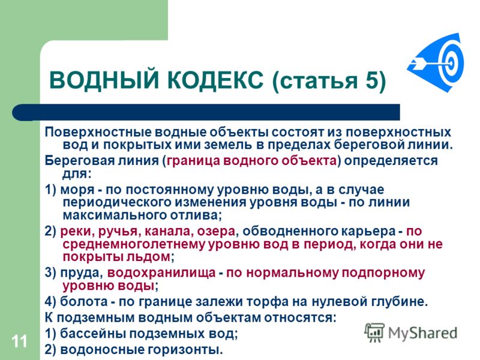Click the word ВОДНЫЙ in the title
coord(104,80)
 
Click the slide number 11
coord(20,341)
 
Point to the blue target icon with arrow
coord(436,62)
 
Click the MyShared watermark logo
coord(411,333)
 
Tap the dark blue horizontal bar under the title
coord(206,112)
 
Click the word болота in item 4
coord(83,302)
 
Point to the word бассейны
coord(94,334)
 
